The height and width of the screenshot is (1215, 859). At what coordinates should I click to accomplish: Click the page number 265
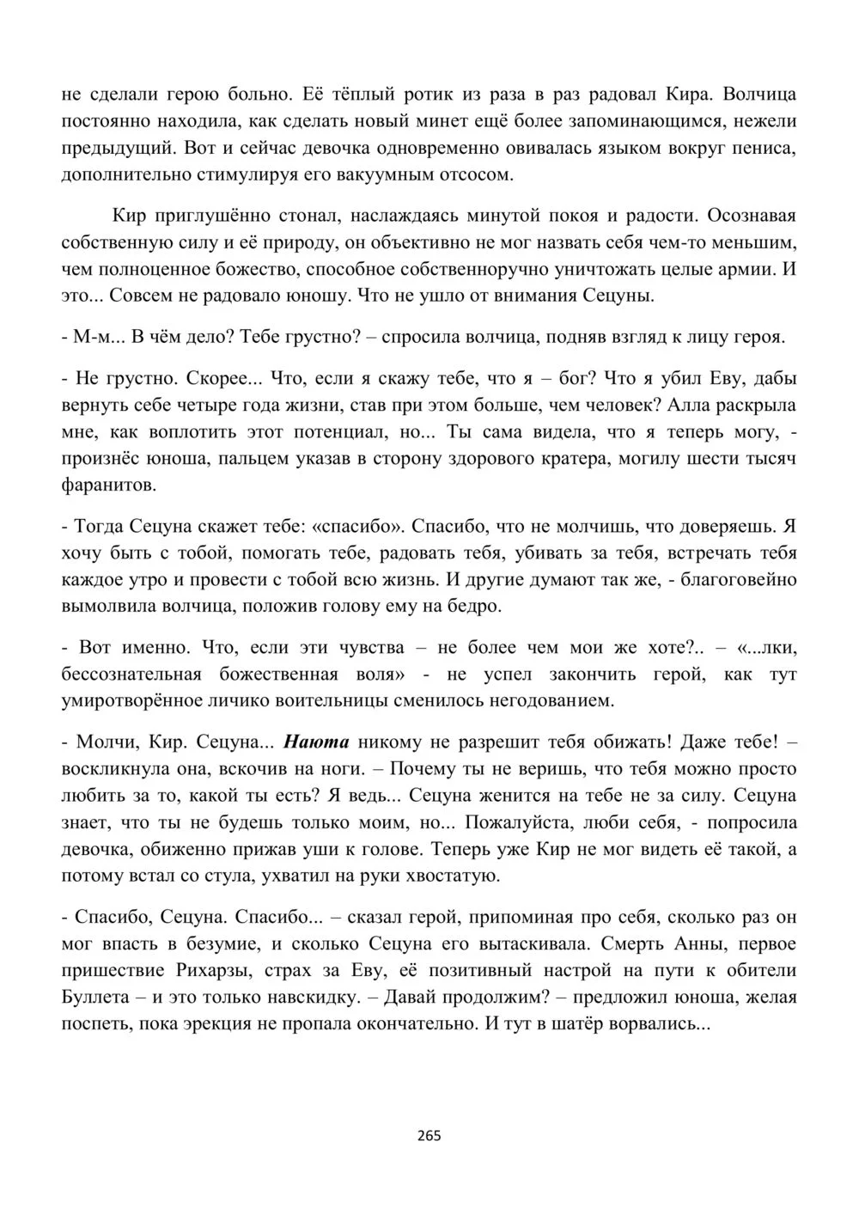[x=429, y=1136]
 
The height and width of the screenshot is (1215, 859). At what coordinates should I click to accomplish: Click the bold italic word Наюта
[x=315, y=741]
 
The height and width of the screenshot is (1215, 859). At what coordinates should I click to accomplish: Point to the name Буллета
[x=95, y=998]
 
